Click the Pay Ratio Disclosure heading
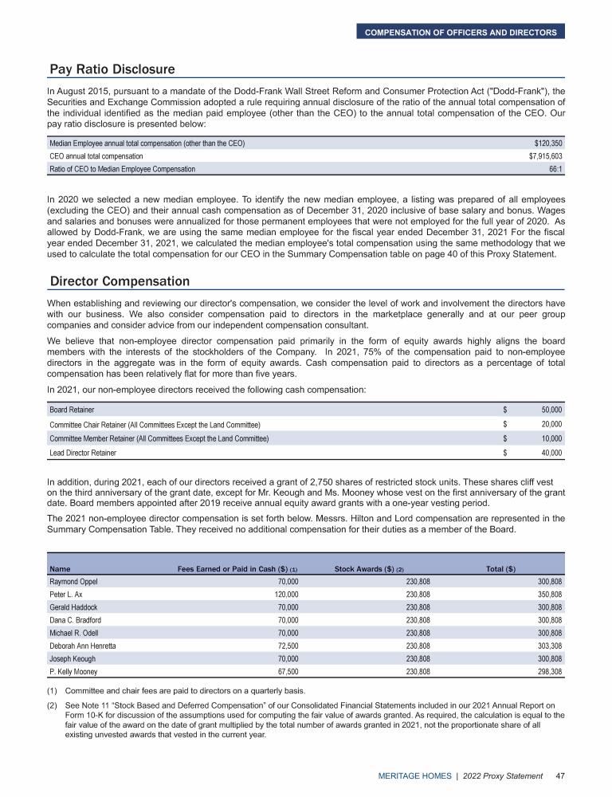(112, 69)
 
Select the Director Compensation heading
(120, 281)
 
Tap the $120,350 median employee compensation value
(548, 143)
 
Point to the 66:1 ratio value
(555, 170)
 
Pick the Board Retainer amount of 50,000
(551, 410)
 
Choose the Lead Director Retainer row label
(83, 453)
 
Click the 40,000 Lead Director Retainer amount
(551, 453)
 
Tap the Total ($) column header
(500, 569)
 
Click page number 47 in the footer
(560, 775)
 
